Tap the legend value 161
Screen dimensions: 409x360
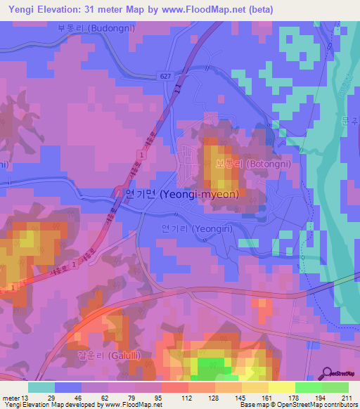[262, 398]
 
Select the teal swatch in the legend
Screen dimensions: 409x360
[41, 387]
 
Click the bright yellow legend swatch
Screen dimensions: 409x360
[281, 387]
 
